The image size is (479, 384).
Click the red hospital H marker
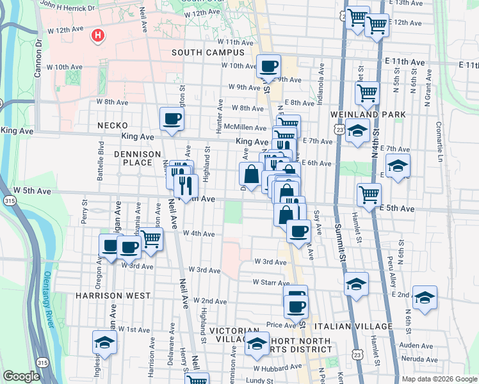coord(97,35)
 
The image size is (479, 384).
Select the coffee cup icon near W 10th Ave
coord(268,66)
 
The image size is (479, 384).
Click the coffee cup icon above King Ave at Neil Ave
coord(172,119)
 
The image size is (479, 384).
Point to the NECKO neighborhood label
coord(113,125)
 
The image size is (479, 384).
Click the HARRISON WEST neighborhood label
coord(113,296)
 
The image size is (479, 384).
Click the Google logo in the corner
coord(21,376)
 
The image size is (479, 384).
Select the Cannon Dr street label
coord(39,49)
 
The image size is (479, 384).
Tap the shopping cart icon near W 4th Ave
coord(151,239)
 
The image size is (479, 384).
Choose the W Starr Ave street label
coord(272,282)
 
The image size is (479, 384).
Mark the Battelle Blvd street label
coord(101,156)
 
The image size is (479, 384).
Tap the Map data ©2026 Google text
coord(439,379)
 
